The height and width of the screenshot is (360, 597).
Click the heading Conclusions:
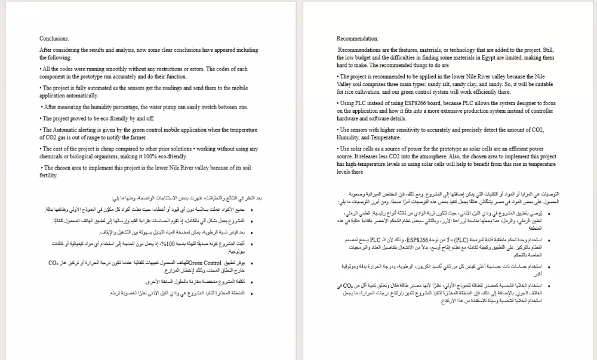pyautogui.click(x=54, y=38)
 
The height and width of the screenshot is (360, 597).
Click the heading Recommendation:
pyautogui.click(x=358, y=38)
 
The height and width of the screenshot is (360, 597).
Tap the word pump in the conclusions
pyautogui.click(x=179, y=107)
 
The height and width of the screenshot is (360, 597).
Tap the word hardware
pyautogui.click(x=348, y=118)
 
